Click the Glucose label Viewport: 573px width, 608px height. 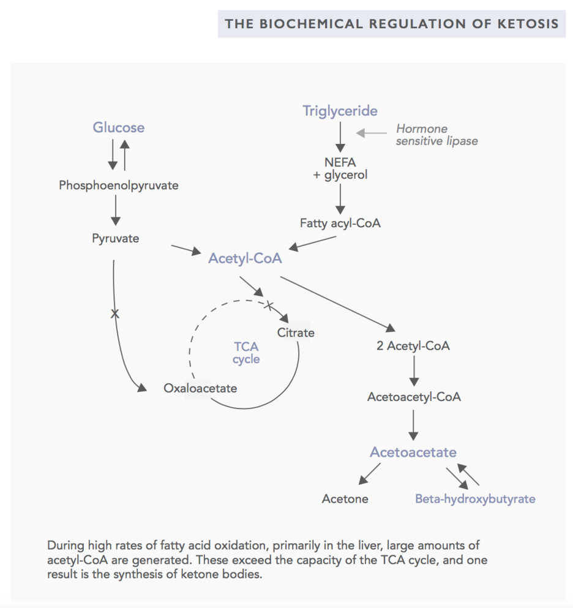coord(118,127)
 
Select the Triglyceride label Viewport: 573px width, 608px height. coord(340,111)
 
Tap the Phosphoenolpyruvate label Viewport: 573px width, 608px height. coord(119,186)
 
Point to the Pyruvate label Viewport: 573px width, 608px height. coord(116,238)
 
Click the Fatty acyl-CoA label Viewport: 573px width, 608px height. coord(340,223)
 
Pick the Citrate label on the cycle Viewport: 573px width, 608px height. coord(296,332)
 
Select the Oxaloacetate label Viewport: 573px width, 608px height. coord(200,388)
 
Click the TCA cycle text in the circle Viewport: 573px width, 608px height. coord(246,353)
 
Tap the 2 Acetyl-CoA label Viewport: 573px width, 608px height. coord(413,346)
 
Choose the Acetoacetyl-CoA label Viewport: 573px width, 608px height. coord(414,397)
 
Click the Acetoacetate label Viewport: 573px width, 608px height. coord(413,452)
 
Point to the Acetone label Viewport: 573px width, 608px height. coord(345,498)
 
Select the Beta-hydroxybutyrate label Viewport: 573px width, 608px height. coord(475,498)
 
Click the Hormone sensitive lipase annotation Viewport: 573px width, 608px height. coord(437,135)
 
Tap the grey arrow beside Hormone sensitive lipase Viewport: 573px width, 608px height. coord(372,133)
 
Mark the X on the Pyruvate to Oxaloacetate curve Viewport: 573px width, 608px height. coord(114,313)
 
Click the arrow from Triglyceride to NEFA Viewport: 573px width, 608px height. coord(340,137)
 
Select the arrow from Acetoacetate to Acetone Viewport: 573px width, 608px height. coord(370,474)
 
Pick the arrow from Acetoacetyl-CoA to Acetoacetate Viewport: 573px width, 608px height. coord(413,425)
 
